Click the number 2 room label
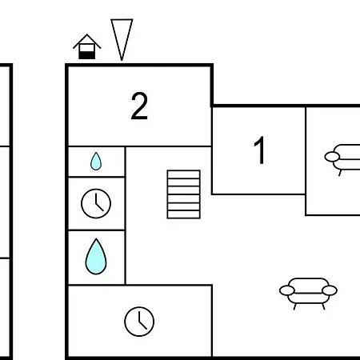point(139,106)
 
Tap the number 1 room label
point(259,150)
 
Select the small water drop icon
point(96,161)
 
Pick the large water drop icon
point(96,257)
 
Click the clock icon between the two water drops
point(96,203)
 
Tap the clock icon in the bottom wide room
point(139,322)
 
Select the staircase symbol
point(184,194)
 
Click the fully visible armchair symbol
point(308,294)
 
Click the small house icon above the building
point(87,46)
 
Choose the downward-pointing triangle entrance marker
point(122,40)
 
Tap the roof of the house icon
point(87,42)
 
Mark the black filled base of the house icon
point(87,55)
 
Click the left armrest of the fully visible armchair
point(287,290)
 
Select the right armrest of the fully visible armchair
point(330,290)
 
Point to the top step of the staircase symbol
point(184,174)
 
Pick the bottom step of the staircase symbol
point(184,214)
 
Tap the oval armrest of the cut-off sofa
point(332,157)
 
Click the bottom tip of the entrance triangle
point(122,61)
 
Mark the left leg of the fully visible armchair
point(295,306)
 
